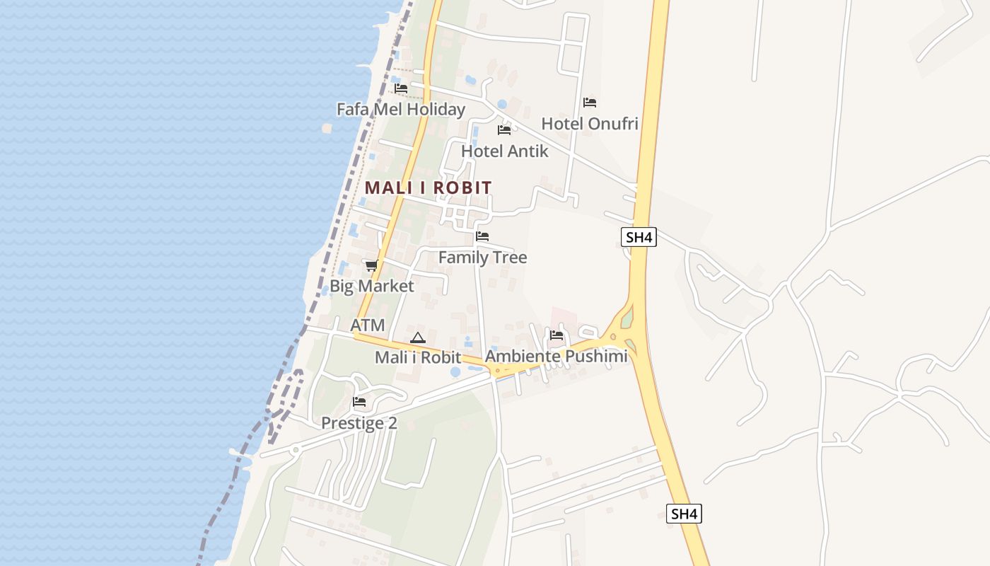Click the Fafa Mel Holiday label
[401, 109]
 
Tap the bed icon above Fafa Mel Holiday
[401, 88]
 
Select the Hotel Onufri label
[590, 124]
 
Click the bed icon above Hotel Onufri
[590, 103]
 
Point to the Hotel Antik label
[504, 151]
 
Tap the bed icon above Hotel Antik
[504, 130]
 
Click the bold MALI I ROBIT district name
[428, 188]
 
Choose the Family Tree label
[482, 258]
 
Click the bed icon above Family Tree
[482, 236]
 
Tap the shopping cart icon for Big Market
[371, 265]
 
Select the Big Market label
[371, 286]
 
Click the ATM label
[368, 325]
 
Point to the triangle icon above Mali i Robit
[418, 338]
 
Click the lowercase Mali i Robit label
[418, 358]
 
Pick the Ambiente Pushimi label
[557, 356]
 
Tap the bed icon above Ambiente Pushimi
[557, 335]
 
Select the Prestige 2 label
[359, 423]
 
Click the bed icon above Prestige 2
[359, 403]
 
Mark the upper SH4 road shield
[639, 237]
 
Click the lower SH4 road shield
[684, 514]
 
